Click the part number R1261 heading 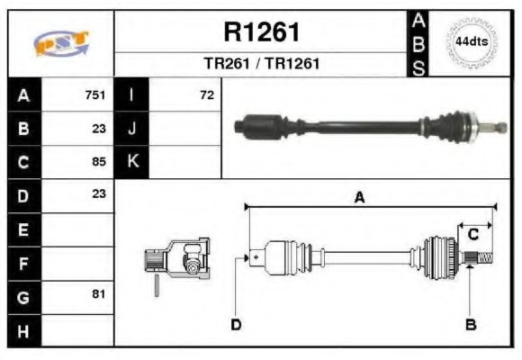point(261,32)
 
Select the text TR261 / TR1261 point(261,64)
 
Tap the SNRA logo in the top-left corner point(60,43)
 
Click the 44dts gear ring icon point(472,41)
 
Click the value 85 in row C point(99,162)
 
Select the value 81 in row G point(99,294)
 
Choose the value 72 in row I point(207,94)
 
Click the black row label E point(22,229)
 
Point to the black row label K point(132,162)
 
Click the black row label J point(132,129)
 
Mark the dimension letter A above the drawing point(358,198)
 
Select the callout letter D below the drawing point(236,324)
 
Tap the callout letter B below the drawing point(470,324)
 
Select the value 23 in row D point(99,193)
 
